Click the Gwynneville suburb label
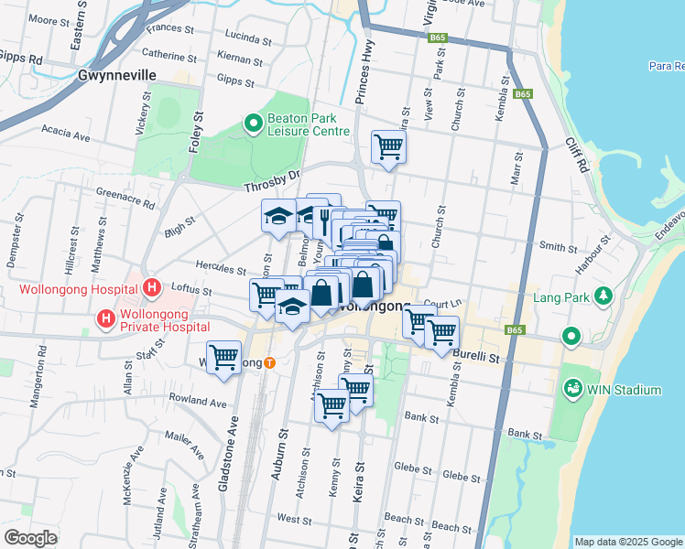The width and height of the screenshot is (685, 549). pos(117,75)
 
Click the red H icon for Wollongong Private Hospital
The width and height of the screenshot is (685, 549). pos(107,319)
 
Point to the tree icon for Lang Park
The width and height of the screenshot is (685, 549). pos(603,296)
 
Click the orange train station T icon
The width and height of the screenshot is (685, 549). pos(269,362)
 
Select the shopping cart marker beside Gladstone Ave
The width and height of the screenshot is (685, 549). pos(223,356)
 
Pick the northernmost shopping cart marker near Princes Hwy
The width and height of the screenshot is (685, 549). pos(388,145)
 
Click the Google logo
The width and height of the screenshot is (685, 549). pos(30,537)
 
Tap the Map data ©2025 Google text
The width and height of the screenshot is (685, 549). pos(627,542)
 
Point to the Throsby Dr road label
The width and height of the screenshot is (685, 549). pos(272,186)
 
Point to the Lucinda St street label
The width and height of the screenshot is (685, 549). pos(240,38)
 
